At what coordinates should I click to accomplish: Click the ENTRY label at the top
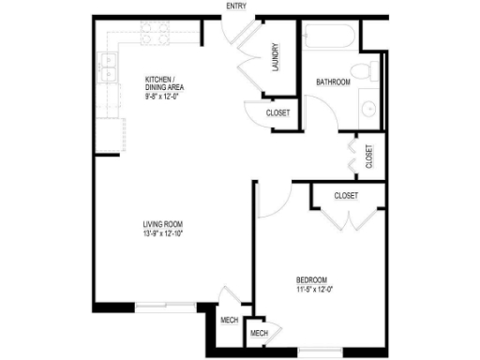click(237, 6)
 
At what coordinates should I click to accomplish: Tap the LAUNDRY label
click(277, 59)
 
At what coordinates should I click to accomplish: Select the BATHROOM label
click(333, 82)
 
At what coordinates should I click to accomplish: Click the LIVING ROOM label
click(161, 223)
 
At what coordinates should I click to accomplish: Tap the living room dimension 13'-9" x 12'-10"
click(161, 235)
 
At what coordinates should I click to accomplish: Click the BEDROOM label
click(311, 279)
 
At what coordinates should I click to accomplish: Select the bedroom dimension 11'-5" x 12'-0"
click(311, 291)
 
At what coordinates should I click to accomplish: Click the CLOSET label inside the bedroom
click(347, 196)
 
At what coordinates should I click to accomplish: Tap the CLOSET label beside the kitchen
click(278, 113)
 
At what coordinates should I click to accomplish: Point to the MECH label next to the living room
click(229, 320)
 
